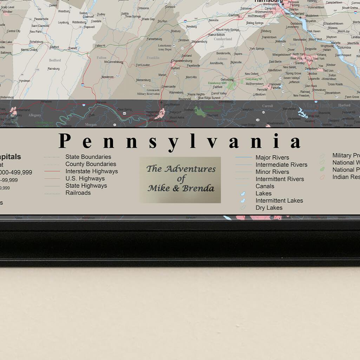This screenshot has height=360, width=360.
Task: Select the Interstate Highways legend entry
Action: (91, 171)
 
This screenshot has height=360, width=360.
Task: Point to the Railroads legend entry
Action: (78, 193)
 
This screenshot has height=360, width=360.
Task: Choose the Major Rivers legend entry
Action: (272, 157)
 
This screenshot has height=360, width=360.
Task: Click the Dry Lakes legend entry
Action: (269, 208)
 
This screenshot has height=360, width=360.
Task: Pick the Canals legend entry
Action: (265, 186)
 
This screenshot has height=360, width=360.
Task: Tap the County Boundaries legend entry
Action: (91, 164)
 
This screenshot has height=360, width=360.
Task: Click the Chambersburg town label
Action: (182, 60)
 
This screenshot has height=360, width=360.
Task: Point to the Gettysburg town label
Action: (227, 79)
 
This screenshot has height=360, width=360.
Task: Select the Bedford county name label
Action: (55, 60)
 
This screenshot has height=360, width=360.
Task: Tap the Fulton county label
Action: (101, 58)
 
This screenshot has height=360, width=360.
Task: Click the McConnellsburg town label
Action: (113, 62)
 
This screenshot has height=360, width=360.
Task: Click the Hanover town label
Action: (275, 84)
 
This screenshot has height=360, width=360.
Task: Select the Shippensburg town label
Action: (199, 41)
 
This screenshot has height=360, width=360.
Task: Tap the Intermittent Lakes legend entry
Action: (279, 201)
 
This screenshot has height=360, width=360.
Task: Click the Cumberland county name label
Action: (223, 39)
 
